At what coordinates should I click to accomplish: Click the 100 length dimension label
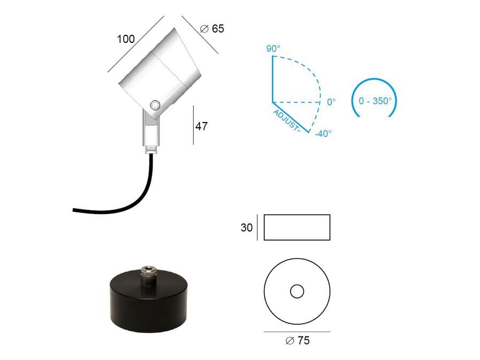[126, 39]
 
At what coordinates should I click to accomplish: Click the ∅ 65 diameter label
[212, 28]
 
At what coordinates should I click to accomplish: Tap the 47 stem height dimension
[201, 126]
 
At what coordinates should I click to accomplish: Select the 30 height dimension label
[247, 227]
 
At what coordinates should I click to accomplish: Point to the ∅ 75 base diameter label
[297, 340]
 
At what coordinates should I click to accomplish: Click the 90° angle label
[273, 48]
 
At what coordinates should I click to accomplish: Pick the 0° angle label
[331, 102]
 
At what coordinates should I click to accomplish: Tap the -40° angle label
[323, 134]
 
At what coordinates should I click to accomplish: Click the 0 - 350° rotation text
[375, 101]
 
